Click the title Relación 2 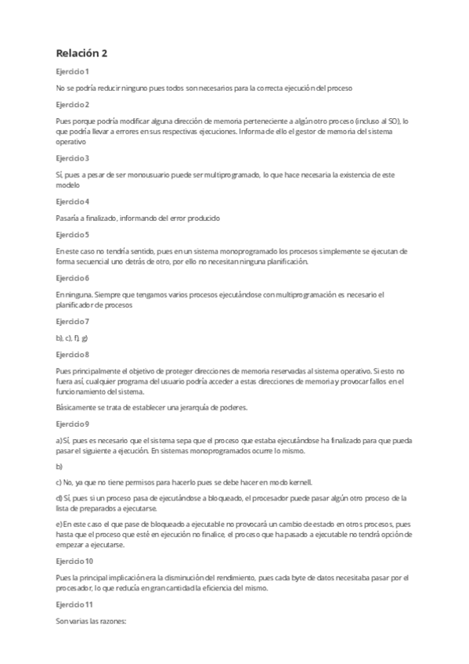(81, 53)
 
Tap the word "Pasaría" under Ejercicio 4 (69, 218)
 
